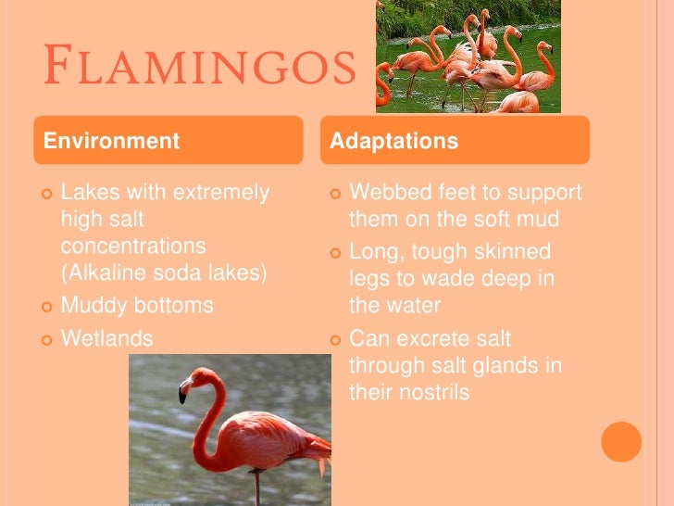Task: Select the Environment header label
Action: tap(111, 142)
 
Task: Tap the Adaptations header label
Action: tap(394, 142)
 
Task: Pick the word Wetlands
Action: tap(106, 338)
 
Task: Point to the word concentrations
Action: tap(133, 247)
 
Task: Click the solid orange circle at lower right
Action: tap(621, 442)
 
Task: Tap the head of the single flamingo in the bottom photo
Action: tap(198, 380)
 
